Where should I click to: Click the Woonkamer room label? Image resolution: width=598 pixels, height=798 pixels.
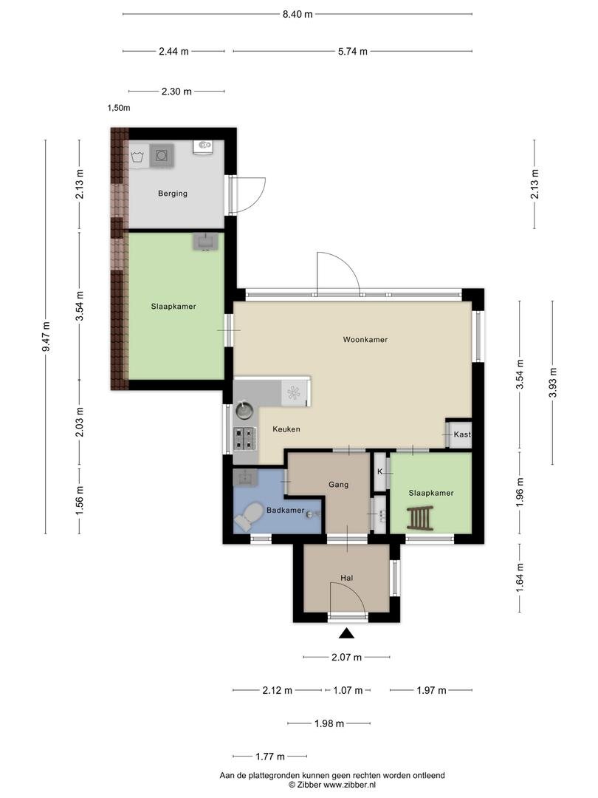pyautogui.click(x=365, y=339)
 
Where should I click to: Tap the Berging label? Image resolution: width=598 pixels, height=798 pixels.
pyautogui.click(x=172, y=194)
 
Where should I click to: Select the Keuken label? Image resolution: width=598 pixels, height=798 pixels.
pyautogui.click(x=286, y=429)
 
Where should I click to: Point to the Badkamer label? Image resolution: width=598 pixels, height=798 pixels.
pyautogui.click(x=285, y=510)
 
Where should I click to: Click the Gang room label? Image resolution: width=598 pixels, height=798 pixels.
pyautogui.click(x=338, y=485)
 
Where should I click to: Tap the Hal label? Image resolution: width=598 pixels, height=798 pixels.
pyautogui.click(x=347, y=578)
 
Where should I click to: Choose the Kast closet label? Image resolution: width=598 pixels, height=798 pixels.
pyautogui.click(x=461, y=434)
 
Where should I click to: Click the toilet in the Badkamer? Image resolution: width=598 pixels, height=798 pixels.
pyautogui.click(x=247, y=517)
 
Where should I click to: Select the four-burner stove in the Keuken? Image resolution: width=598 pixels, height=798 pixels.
pyautogui.click(x=244, y=439)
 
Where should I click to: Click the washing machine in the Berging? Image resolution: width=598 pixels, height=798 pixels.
pyautogui.click(x=162, y=155)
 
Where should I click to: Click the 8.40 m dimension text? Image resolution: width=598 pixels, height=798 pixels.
pyautogui.click(x=298, y=14)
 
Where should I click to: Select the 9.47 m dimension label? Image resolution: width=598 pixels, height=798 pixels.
pyautogui.click(x=46, y=336)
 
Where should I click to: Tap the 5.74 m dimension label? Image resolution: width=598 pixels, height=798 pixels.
pyautogui.click(x=352, y=51)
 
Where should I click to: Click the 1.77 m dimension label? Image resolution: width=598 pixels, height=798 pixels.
pyautogui.click(x=270, y=757)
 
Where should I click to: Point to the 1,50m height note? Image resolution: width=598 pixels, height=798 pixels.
pyautogui.click(x=118, y=108)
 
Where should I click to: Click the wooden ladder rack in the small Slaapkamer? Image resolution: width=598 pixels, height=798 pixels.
pyautogui.click(x=420, y=518)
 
